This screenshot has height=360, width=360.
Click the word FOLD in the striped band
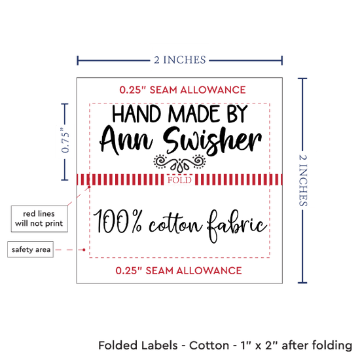tap(179, 180)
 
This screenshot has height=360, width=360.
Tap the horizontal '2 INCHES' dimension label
tap(180, 60)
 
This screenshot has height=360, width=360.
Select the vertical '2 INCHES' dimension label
tap(303, 180)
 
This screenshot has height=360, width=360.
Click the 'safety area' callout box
tap(31, 249)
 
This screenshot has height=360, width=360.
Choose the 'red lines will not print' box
tap(39, 219)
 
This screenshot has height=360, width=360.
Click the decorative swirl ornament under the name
tap(179, 163)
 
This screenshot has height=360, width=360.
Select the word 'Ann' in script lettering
tap(126, 141)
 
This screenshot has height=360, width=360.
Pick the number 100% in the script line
tap(118, 221)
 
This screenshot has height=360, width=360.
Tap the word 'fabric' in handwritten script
tap(237, 226)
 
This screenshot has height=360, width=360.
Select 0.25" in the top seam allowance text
tap(133, 90)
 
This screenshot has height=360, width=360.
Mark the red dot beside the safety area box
tap(84, 249)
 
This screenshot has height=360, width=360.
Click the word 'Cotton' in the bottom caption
tap(209, 346)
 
